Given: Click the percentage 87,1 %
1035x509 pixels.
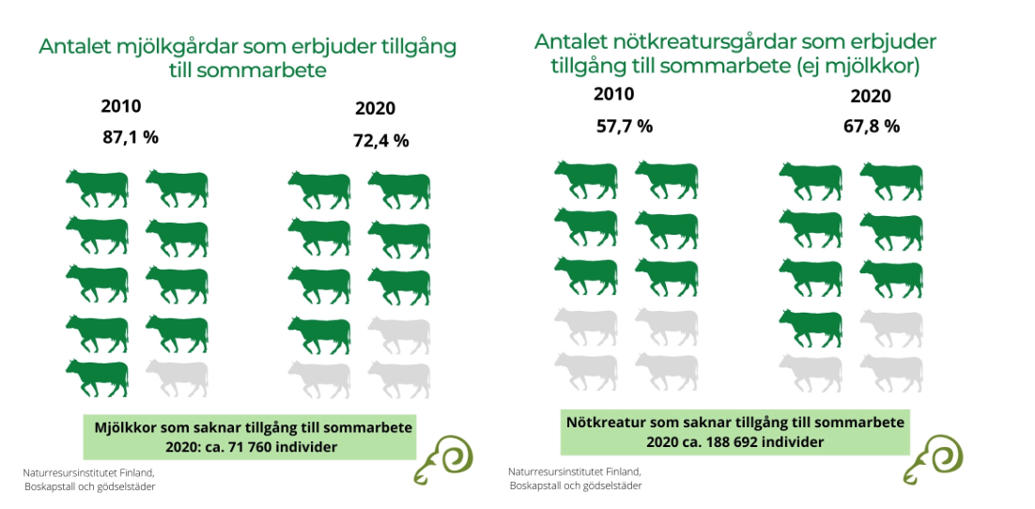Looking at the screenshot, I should click(131, 137).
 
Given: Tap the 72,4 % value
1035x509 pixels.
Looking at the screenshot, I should click(381, 141).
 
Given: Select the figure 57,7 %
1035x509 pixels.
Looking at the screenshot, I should click(625, 126).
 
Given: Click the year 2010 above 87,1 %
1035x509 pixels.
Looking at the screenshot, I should click(121, 106).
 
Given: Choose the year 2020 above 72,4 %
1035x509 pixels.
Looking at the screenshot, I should click(375, 108).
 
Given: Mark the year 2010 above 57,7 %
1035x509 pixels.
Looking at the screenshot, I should click(614, 94).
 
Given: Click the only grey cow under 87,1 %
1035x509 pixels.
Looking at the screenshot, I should click(177, 378).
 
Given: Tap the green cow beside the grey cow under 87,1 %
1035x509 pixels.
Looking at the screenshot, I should click(97, 378).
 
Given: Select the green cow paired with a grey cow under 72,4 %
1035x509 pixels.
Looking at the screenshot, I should click(319, 332).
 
